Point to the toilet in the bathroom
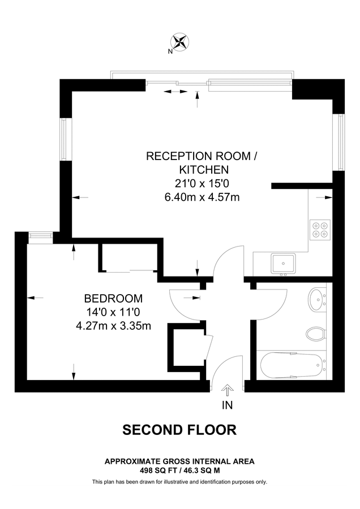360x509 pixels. pyautogui.click(x=315, y=333)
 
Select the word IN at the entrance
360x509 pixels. pyautogui.click(x=228, y=405)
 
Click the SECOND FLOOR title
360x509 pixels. pyautogui.click(x=179, y=430)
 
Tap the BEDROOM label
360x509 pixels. pyautogui.click(x=113, y=299)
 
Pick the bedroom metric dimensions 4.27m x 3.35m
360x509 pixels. pyautogui.click(x=113, y=326)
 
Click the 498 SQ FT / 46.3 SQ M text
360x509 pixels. pyautogui.click(x=179, y=470)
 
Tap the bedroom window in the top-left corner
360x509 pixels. pyautogui.click(x=40, y=236)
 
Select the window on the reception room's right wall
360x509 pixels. pyautogui.click(x=340, y=142)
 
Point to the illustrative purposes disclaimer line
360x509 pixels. pyautogui.click(x=179, y=482)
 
